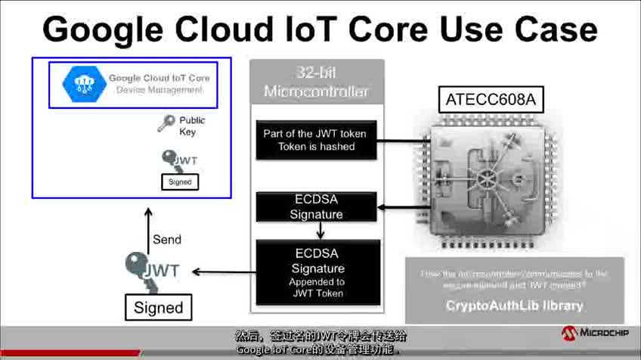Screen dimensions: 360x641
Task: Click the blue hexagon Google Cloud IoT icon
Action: point(81,83)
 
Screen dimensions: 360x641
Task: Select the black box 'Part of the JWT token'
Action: point(315,140)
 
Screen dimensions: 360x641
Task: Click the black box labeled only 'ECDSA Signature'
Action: point(316,207)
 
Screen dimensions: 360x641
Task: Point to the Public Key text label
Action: point(192,126)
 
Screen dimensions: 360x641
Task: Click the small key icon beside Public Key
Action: point(166,123)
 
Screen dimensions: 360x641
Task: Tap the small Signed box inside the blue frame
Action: point(180,182)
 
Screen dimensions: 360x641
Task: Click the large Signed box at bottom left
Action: point(158,307)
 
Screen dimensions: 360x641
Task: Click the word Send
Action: point(167,239)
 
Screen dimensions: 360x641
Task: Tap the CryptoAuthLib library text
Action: point(515,306)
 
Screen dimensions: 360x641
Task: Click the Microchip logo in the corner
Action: point(595,334)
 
